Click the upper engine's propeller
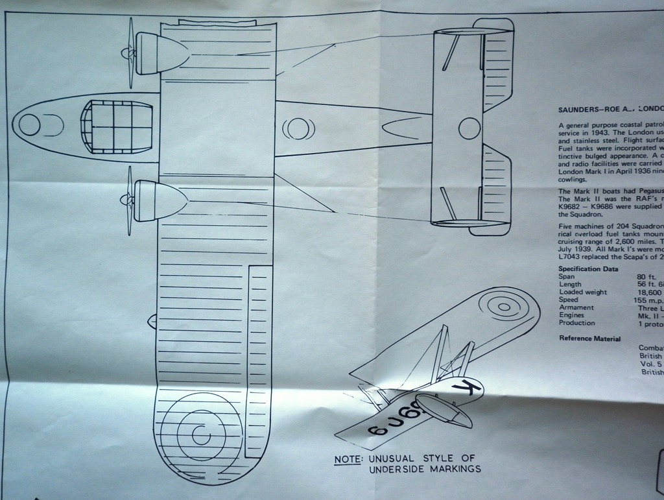pos(130,53)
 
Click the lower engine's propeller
pos(129,200)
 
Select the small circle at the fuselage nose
pos(29,125)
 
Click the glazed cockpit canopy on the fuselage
pos(115,127)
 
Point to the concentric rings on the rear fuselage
pos(298,128)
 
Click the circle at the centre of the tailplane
pos(469,128)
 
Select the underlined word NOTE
pos(348,460)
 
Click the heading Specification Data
pos(588,268)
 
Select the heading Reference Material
pos(589,339)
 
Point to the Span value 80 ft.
pos(647,277)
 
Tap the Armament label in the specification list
pos(576,307)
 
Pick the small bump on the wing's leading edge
pos(152,320)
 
